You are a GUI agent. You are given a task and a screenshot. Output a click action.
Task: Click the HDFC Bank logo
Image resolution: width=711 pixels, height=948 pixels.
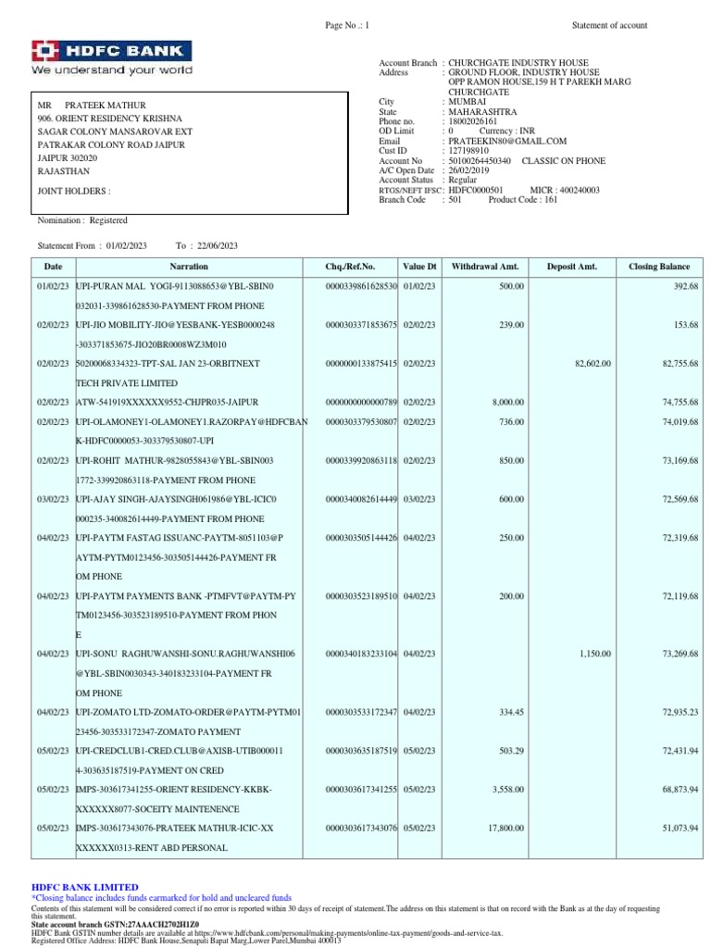pyautogui.click(x=112, y=57)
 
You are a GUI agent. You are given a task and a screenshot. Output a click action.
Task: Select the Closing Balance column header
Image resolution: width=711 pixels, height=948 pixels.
pyautogui.click(x=659, y=267)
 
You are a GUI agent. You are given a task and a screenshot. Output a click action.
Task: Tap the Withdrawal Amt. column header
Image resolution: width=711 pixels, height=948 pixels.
pyautogui.click(x=486, y=267)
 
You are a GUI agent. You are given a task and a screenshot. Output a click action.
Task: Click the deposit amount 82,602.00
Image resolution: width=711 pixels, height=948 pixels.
pyautogui.click(x=593, y=364)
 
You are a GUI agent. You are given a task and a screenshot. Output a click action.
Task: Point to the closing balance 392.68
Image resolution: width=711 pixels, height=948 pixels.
pyautogui.click(x=685, y=287)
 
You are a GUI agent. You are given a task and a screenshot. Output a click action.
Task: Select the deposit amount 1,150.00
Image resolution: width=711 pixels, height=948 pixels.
pyautogui.click(x=595, y=654)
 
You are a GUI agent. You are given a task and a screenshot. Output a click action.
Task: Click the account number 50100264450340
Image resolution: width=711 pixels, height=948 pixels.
pyautogui.click(x=480, y=160)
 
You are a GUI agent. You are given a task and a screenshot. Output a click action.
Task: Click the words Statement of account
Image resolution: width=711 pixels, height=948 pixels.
pyautogui.click(x=609, y=25)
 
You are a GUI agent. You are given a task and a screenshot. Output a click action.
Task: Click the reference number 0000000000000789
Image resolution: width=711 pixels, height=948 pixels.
pyautogui.click(x=361, y=402)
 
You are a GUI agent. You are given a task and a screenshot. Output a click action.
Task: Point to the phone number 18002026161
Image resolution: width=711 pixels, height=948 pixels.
pyautogui.click(x=473, y=121)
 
